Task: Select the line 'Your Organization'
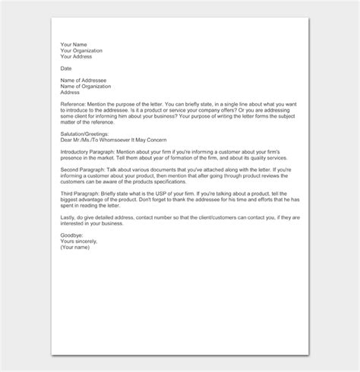click(81, 51)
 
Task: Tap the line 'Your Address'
click(76, 57)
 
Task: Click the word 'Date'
click(66, 68)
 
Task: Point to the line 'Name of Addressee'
click(84, 80)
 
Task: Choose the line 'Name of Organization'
click(87, 87)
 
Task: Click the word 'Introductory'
click(77, 152)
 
